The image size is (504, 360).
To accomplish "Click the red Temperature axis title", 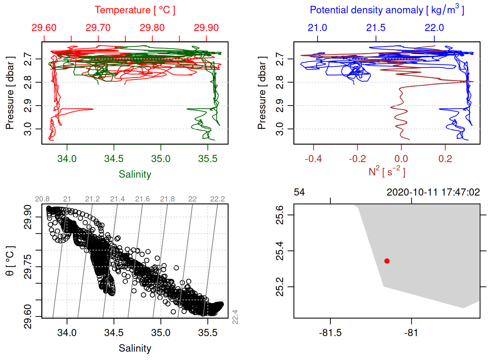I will pos(135,10).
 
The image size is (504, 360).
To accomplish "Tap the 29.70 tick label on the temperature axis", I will pos(98,28).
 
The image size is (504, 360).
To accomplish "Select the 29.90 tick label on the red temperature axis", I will pos(206,28).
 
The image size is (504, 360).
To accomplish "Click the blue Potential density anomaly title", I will pos(387,10).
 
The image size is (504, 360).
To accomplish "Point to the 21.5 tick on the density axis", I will pos(376,28).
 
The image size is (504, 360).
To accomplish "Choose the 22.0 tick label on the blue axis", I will pos(434,28).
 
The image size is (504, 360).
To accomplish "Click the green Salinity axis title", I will pos(135,174).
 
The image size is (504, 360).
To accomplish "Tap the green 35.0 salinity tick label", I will pos(161,159).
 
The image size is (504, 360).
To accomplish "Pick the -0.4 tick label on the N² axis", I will pos(313,159).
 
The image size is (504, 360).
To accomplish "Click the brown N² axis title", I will pos(387,171).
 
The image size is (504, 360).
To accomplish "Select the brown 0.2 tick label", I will pos(445,159).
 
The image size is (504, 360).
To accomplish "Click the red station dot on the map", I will pos(387,261).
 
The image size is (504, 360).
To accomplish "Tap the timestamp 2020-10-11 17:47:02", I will pos(433,192).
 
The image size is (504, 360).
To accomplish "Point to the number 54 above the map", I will pos(299,192).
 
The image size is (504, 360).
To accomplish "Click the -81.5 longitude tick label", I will pos(330,333).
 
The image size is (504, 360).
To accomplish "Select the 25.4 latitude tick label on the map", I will pos(280,251).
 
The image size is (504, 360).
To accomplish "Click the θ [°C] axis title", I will pos(10,261).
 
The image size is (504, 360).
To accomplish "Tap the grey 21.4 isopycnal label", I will pos(117,199).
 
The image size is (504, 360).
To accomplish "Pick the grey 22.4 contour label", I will pos(235,317).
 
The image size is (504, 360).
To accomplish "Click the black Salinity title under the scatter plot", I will pos(135,348).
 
